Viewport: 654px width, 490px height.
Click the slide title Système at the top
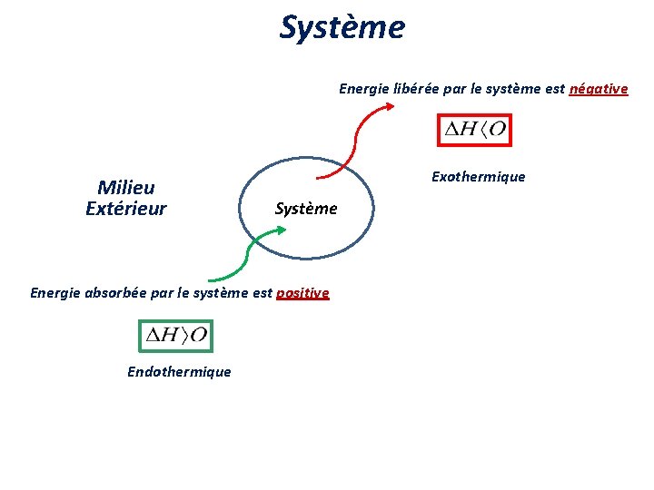coord(342,27)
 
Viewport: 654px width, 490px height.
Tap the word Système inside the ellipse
coord(305,209)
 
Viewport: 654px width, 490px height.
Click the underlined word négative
coord(598,89)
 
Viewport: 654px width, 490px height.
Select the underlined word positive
coord(302,293)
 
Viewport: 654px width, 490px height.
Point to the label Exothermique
coord(478,176)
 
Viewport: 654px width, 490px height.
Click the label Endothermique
coord(179,371)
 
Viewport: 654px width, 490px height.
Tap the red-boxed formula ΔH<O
coord(473,131)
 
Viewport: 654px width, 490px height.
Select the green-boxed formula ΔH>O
coord(174,335)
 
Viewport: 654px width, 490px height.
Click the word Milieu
coord(125,188)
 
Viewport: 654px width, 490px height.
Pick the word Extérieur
coord(125,209)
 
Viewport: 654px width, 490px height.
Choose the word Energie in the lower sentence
coord(53,293)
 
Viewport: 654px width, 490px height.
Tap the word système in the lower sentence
coord(214,293)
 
